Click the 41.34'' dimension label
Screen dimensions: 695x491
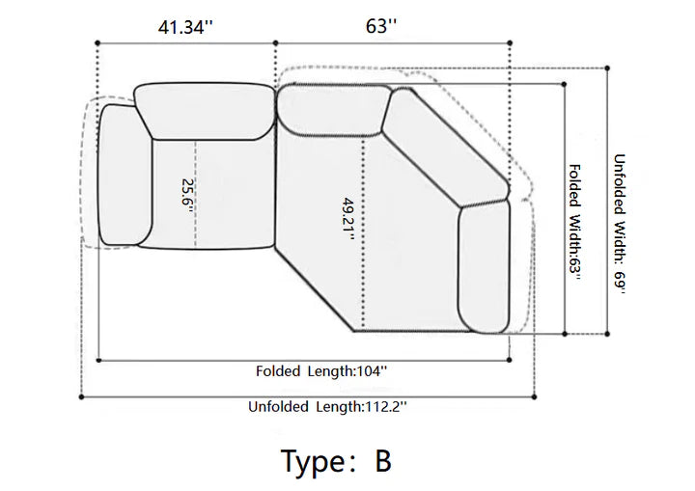[x=185, y=27]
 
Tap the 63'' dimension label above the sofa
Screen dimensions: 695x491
[x=380, y=26]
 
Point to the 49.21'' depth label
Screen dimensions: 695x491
[x=348, y=218]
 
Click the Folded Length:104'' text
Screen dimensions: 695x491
[x=321, y=371]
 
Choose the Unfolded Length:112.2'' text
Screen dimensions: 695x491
[x=327, y=406]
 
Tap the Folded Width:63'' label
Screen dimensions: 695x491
[x=574, y=223]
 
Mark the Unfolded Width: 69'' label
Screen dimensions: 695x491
[x=619, y=224]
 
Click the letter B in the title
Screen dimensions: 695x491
[x=383, y=461]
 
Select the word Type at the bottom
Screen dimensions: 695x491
[x=313, y=463]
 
